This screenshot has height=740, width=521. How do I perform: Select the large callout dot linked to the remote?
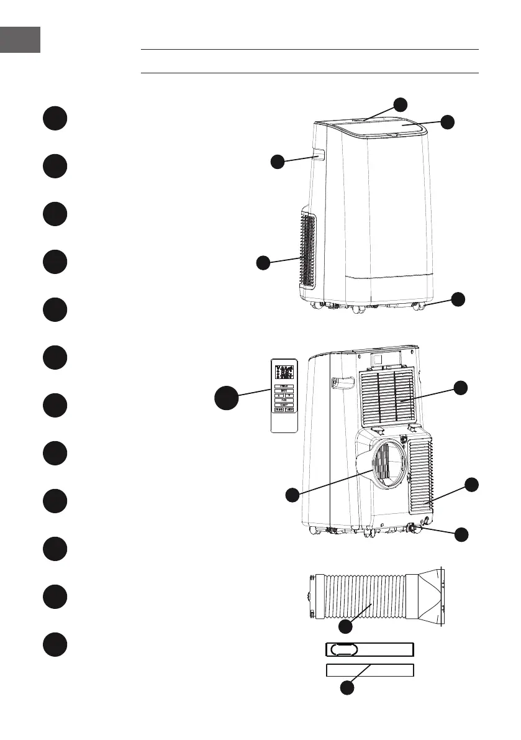tap(229, 398)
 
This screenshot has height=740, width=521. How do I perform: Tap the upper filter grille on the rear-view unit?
tap(386, 396)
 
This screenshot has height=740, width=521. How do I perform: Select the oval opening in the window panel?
tap(344, 649)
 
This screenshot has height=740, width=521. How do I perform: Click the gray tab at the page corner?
tap(20, 39)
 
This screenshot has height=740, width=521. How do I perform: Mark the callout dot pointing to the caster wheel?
tap(458, 299)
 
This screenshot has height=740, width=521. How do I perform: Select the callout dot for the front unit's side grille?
tap(263, 262)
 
